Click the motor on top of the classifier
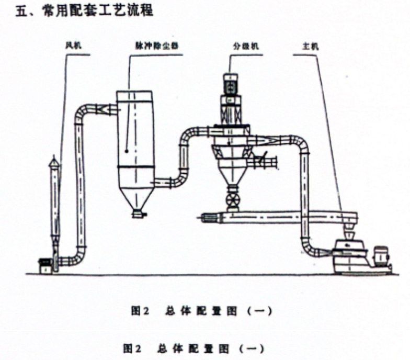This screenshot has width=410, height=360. (230, 84)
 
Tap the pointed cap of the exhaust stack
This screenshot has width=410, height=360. (54, 162)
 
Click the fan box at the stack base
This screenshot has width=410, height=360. (45, 265)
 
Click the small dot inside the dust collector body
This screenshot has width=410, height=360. (129, 151)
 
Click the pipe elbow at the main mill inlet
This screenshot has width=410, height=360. (309, 246)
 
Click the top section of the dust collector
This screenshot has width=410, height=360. (134, 97)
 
